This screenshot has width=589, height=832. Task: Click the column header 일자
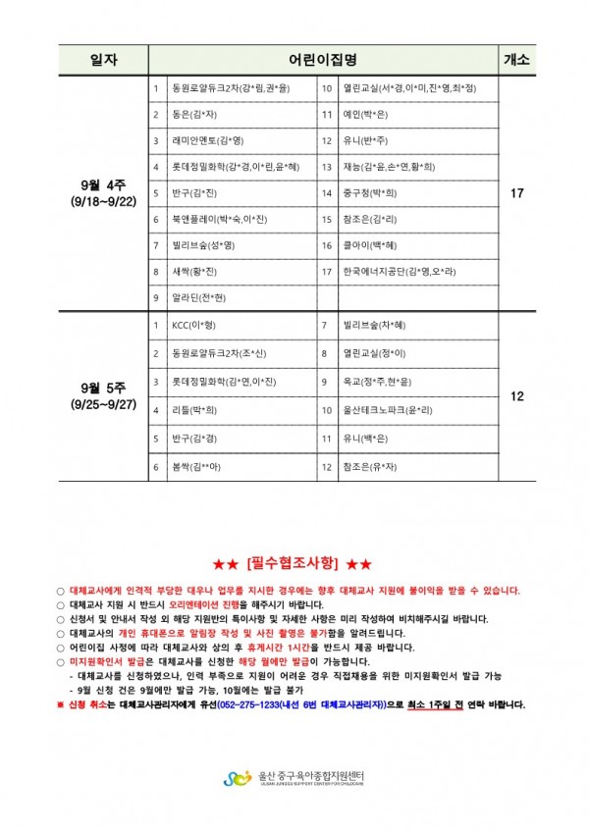tap(103, 60)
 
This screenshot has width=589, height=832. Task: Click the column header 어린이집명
tap(323, 60)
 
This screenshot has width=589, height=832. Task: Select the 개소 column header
tap(517, 60)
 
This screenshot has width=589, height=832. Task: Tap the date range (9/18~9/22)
tap(104, 201)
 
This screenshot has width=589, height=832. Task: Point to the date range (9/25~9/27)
tap(104, 404)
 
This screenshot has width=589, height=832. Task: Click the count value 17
tap(517, 193)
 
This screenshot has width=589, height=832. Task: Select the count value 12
tap(517, 396)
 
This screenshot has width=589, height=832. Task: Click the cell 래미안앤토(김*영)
tap(207, 140)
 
